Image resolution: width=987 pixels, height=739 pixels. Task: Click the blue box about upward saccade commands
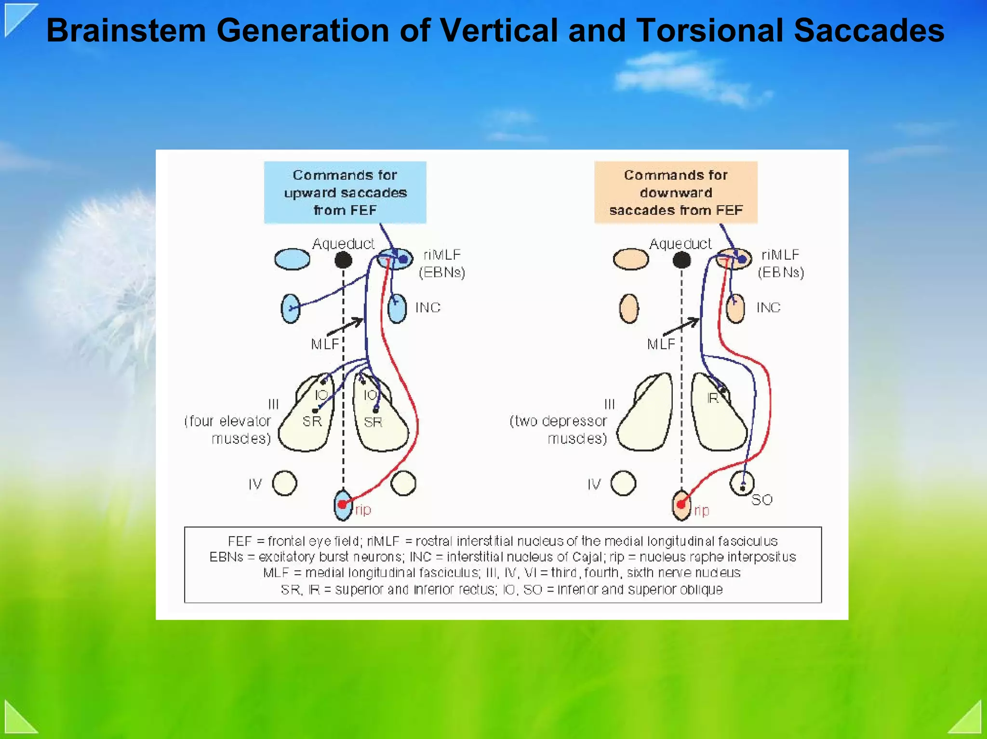pos(345,192)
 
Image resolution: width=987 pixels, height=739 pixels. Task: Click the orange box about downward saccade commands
pos(676,192)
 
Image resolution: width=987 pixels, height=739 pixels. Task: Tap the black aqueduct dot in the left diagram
pos(343,260)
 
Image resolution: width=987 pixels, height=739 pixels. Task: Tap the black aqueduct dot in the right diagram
pos(681,260)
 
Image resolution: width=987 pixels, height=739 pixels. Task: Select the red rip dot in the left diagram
pos(342,504)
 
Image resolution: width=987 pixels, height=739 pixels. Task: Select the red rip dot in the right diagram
pos(680,504)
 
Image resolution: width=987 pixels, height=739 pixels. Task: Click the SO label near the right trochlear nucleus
pos(761,500)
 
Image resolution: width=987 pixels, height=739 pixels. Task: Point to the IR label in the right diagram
pos(712,398)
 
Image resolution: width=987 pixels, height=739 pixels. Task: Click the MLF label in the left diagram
pos(325,344)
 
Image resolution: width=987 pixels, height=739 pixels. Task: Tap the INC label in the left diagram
pos(428,307)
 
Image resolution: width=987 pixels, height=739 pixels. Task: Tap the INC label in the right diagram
pos(768,307)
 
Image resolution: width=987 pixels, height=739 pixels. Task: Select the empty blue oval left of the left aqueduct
pos(292,259)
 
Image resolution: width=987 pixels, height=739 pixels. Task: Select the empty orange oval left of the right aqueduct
pos(630,259)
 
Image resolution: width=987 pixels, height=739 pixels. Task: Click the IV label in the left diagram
pos(255,484)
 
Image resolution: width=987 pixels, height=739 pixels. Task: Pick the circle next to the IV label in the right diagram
pos(623,483)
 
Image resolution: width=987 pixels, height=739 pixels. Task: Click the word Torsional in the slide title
pos(710,30)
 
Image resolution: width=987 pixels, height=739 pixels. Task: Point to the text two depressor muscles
pos(559,429)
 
